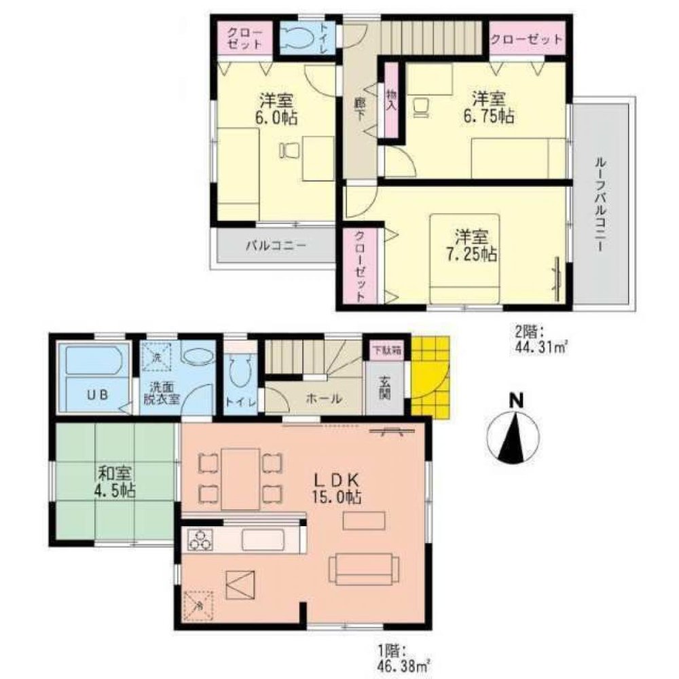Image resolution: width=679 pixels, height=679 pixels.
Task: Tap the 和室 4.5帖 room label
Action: point(113,481)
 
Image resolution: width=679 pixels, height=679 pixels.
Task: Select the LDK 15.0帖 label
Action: point(335,488)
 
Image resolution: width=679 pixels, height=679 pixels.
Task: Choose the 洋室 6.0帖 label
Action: point(277,108)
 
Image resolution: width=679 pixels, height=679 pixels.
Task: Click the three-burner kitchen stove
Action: point(202,540)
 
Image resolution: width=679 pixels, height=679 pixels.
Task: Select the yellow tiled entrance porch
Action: point(430,377)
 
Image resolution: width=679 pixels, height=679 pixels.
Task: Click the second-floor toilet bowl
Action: point(299,39)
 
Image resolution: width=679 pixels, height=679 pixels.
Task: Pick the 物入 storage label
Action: point(391,100)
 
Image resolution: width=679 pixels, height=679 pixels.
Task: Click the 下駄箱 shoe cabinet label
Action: point(384,351)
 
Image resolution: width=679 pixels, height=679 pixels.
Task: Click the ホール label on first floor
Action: point(323,400)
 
